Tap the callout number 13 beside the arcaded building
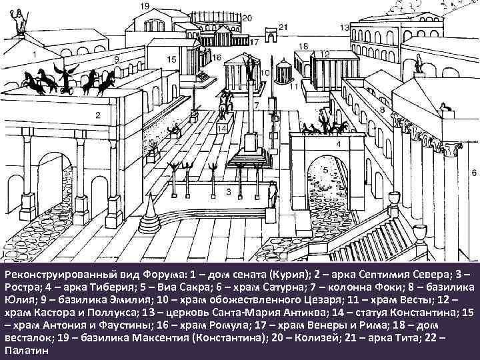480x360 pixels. (344, 27)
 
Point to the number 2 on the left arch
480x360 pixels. (97, 115)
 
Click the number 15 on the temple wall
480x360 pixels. (171, 59)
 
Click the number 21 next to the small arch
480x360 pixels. (283, 27)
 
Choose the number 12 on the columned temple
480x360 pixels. (325, 53)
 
